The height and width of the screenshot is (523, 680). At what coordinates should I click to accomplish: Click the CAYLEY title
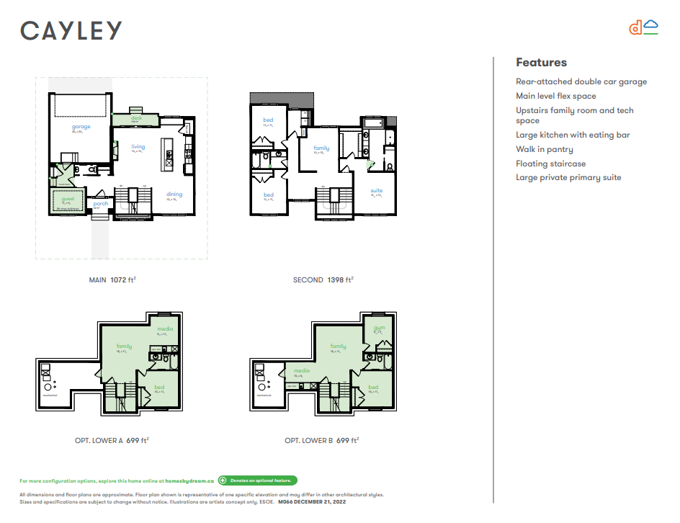pyautogui.click(x=71, y=30)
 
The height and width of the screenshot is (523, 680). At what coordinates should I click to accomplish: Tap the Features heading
pyautogui.click(x=541, y=63)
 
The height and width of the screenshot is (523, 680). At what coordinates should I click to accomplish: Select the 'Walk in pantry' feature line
pyautogui.click(x=544, y=150)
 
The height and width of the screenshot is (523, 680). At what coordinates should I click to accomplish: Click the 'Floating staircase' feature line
pyautogui.click(x=550, y=164)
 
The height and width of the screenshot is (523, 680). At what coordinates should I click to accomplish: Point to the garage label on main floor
pyautogui.click(x=81, y=127)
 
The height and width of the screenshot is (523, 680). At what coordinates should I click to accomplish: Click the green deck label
pyautogui.click(x=136, y=118)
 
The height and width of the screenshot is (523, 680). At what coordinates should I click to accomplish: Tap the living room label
pyautogui.click(x=138, y=147)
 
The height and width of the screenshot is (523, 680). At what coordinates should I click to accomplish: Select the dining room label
pyautogui.click(x=174, y=194)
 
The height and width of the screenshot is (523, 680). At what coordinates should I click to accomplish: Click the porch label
pyautogui.click(x=100, y=203)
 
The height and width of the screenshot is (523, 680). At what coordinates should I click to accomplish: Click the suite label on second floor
pyautogui.click(x=376, y=191)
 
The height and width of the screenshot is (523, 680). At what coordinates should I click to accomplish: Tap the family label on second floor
pyautogui.click(x=321, y=148)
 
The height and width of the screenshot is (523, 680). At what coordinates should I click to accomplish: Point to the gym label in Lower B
pyautogui.click(x=379, y=328)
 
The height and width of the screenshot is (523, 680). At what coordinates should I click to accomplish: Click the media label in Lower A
pyautogui.click(x=166, y=329)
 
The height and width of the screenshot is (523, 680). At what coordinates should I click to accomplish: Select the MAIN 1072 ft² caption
pyautogui.click(x=112, y=280)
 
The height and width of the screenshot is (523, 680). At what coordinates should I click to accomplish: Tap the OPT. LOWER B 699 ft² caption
pyautogui.click(x=321, y=440)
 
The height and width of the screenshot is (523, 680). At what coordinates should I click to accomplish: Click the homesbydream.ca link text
pyautogui.click(x=189, y=480)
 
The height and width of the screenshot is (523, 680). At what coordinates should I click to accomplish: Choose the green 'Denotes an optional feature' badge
pyautogui.click(x=257, y=480)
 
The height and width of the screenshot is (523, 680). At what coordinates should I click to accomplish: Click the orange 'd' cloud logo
pyautogui.click(x=643, y=28)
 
